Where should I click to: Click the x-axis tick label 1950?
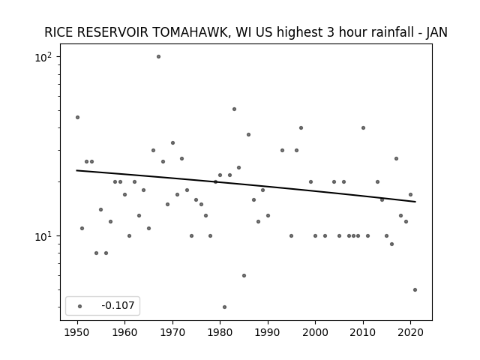tap(77, 333)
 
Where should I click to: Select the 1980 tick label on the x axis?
tap(220, 333)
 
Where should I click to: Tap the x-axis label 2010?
tap(363, 333)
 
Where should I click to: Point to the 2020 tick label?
tap(410, 333)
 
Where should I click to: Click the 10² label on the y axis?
tap(43, 57)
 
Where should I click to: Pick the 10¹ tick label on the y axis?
tap(43, 236)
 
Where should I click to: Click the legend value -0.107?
tap(118, 305)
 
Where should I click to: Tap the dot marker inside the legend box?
tap(80, 306)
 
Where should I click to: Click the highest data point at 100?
tap(158, 57)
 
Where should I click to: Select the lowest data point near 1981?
tap(225, 307)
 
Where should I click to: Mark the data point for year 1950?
tap(77, 117)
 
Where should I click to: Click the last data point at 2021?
tap(415, 290)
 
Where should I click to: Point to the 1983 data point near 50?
tap(234, 109)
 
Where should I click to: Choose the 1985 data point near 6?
tap(244, 275)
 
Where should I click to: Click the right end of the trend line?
tap(415, 202)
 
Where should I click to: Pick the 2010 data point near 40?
tap(363, 128)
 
